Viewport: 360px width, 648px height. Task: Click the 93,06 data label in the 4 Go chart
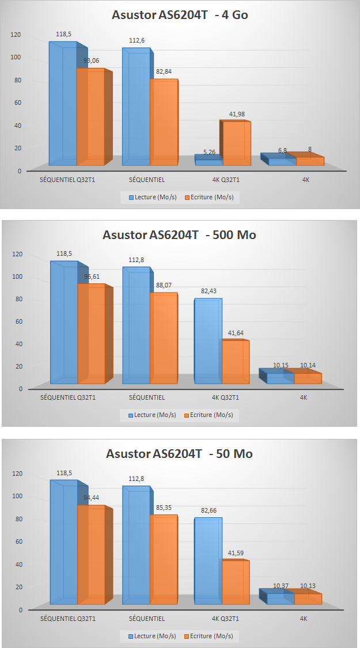click(x=92, y=60)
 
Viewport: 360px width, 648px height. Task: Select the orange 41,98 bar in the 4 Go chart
click(x=237, y=144)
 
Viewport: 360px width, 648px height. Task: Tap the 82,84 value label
click(x=165, y=71)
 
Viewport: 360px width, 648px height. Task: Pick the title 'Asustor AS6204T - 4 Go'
click(x=180, y=15)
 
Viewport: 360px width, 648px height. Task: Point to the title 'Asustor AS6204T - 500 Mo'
click(x=180, y=234)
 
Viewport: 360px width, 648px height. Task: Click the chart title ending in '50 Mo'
click(x=180, y=454)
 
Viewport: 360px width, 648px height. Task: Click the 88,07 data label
click(x=165, y=285)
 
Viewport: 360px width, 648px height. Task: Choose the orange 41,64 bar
click(x=236, y=362)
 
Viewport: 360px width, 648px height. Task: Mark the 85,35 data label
click(x=165, y=506)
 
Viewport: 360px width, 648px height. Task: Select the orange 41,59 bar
click(x=236, y=582)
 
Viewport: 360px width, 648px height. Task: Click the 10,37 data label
click(x=281, y=586)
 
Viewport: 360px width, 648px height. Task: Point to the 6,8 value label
click(x=282, y=150)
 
